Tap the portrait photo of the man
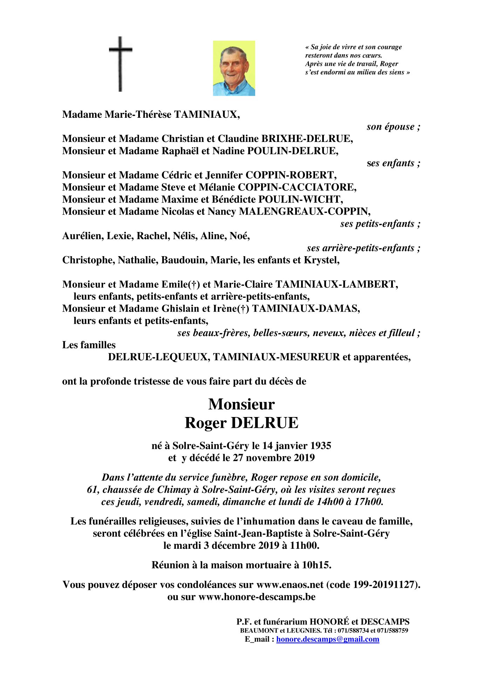point(234,68)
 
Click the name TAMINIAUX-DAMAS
point(305,308)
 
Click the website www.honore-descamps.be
point(257,597)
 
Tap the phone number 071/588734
point(353,630)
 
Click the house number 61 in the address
point(92,490)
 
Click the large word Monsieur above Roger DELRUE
point(241,404)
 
